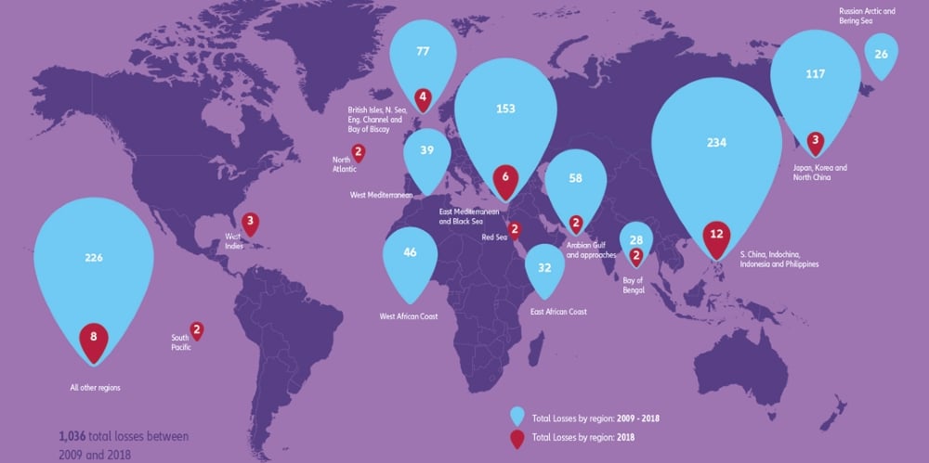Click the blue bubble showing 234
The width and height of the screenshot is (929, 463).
pos(715,144)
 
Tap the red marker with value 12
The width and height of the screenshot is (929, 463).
pos(716,235)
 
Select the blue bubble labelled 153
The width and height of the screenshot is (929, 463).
pos(505,109)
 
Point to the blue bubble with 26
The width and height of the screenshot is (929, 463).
pos(881,55)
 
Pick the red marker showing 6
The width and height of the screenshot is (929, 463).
pos(505,177)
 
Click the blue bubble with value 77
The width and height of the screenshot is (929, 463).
pos(424,52)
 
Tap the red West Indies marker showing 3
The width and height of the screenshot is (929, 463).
pos(250,222)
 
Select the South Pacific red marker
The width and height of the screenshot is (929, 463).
pos(197,328)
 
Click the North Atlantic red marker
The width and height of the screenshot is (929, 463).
pos(358,153)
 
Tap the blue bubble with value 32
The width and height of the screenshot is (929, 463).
pos(545,268)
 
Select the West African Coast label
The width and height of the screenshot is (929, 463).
pos(409,316)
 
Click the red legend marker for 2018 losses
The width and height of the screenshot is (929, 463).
pos(517,434)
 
